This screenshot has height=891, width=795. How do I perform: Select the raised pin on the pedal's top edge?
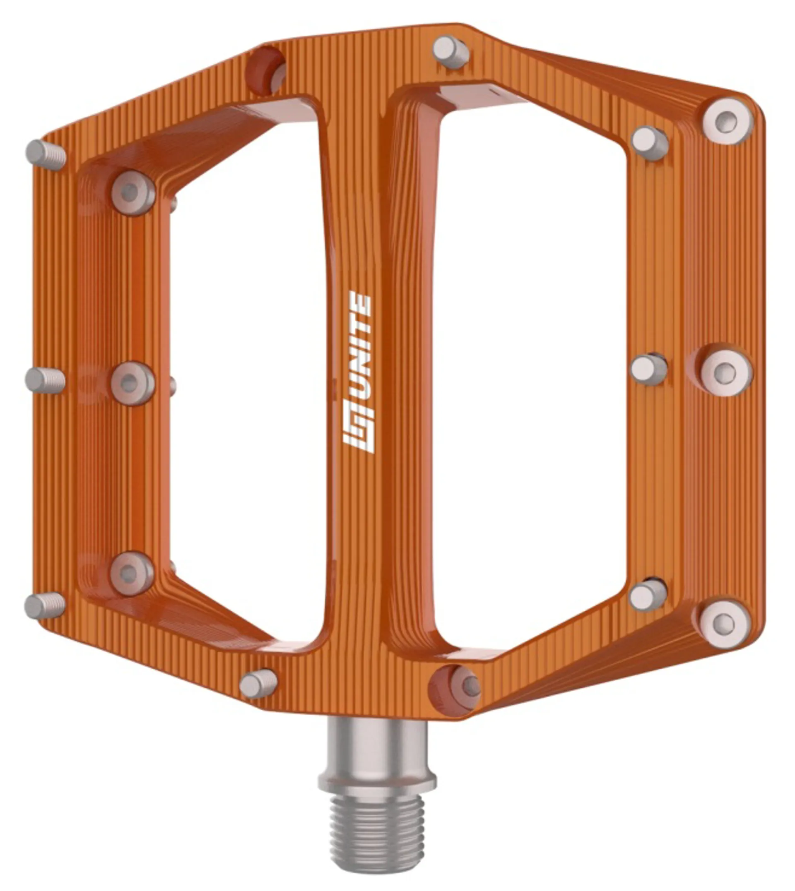click(x=451, y=53)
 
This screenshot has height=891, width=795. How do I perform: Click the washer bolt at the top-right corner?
click(x=727, y=121)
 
